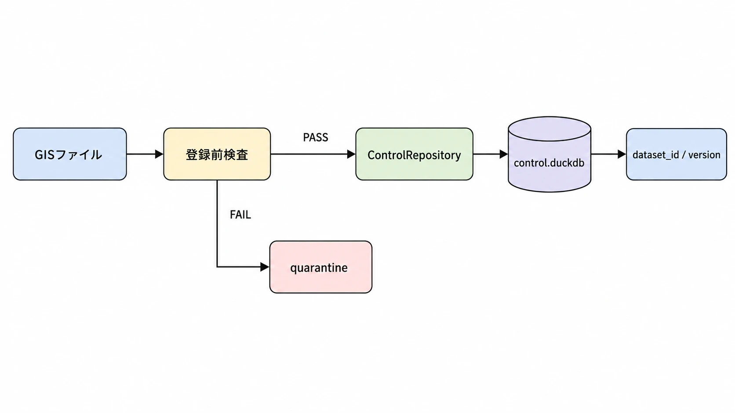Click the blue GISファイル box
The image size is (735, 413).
[69, 154]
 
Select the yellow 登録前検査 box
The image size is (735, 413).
[217, 154]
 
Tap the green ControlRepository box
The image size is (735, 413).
[414, 154]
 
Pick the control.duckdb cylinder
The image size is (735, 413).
[549, 154]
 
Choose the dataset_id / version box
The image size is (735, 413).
[676, 154]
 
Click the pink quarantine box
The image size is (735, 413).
[320, 267]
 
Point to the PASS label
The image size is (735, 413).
[315, 137]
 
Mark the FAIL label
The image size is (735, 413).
[240, 215]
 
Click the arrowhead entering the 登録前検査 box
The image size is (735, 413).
[159, 154]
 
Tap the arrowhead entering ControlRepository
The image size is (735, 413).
[351, 154]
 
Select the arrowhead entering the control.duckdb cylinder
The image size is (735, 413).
[504, 154]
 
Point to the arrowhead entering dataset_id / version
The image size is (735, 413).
[622, 154]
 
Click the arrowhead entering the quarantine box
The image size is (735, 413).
[265, 267]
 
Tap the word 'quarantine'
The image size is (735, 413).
[319, 268]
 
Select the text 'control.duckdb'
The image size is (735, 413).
[549, 163]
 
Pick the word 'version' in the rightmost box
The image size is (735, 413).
[704, 154]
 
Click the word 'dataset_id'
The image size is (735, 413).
[655, 155]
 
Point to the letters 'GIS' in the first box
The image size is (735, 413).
[45, 154]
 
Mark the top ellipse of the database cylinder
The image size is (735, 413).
[549, 129]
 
